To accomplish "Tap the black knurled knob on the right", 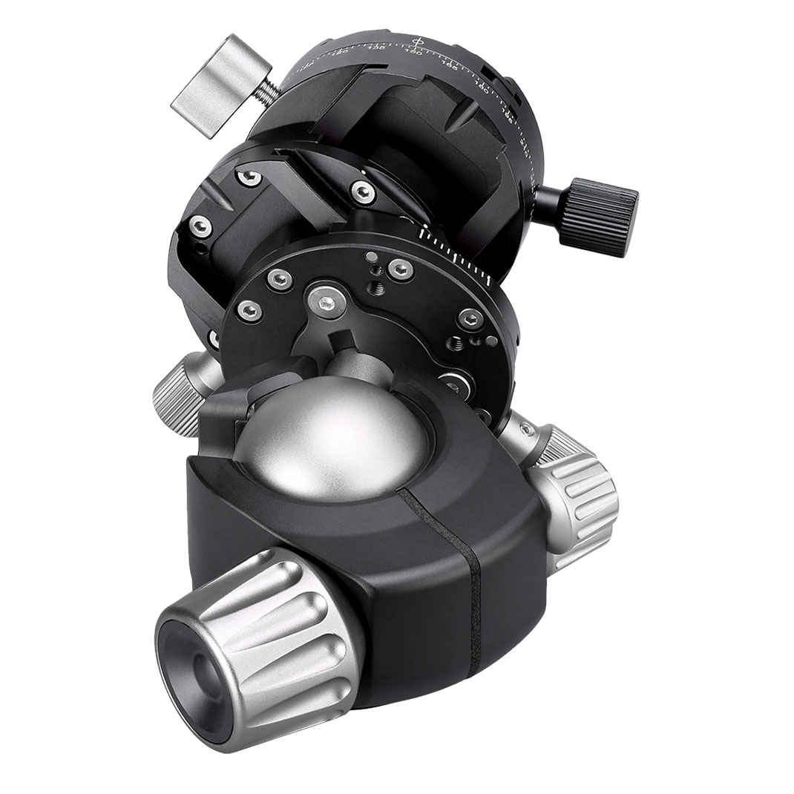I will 598,216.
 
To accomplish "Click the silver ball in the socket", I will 334,438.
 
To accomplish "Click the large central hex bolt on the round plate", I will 326,302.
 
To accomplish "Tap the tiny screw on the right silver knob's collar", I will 526,430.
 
